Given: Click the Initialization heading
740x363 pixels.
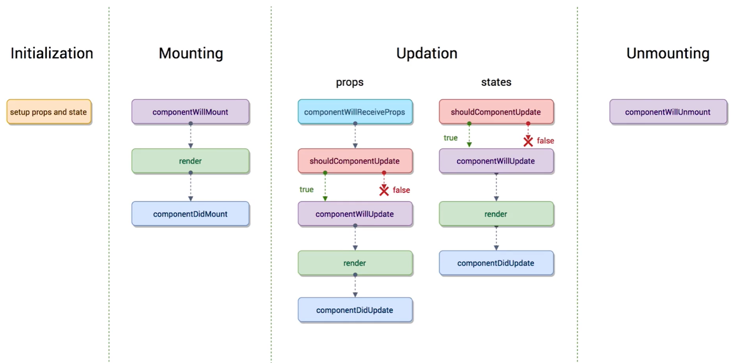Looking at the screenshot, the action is coord(52,53).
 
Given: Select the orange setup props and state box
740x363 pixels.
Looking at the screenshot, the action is coord(49,112).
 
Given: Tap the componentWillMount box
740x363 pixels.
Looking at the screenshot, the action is coord(190,112).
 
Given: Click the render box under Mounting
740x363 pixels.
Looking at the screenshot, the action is coord(190,161).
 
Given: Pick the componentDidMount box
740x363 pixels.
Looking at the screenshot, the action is coord(190,214).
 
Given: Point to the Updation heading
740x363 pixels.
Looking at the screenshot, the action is coord(427,53).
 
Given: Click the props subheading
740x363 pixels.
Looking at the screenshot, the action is coord(350,82).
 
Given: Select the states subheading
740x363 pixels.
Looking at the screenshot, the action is coord(496,82).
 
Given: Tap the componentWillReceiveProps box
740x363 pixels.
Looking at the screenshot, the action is coord(355,112).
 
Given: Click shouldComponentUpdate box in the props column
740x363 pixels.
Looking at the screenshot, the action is coord(355,161).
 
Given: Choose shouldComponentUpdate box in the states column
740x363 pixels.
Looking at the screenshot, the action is coord(496,112).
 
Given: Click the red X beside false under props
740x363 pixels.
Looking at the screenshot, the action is coord(384,190).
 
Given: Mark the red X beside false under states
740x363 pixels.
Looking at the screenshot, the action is coord(528,141).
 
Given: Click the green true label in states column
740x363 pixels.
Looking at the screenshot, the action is coord(450,138).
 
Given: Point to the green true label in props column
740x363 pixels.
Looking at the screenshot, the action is coord(306,190).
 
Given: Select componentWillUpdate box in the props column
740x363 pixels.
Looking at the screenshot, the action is coord(355,214).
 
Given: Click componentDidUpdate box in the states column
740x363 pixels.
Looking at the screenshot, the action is coord(496,263).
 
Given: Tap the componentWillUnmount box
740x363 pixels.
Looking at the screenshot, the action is coord(668,112).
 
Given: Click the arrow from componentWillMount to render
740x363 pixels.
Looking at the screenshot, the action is coord(191,135).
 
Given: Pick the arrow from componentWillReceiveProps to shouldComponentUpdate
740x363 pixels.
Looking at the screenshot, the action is coord(355,135).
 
